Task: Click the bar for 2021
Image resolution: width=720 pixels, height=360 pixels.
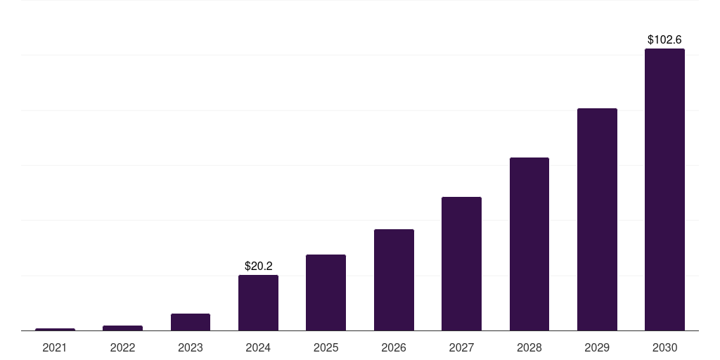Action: click(55, 329)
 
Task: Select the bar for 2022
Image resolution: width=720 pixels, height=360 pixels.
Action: click(122, 328)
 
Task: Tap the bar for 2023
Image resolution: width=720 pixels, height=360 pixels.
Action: click(191, 322)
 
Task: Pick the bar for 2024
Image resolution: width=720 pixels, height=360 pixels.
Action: click(258, 302)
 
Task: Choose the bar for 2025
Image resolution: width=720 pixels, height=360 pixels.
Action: click(326, 292)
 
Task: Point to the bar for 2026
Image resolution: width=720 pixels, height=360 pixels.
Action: click(394, 280)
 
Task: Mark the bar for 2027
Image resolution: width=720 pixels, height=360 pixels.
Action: click(461, 264)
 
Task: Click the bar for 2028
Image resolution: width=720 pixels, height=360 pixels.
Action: click(529, 244)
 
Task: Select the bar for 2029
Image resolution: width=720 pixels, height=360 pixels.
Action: click(597, 219)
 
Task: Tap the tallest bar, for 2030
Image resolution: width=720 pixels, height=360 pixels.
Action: click(664, 190)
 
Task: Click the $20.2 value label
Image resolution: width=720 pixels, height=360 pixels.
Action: click(258, 266)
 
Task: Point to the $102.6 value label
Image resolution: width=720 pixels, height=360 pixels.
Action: click(664, 40)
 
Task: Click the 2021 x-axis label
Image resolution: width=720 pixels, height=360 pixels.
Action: click(55, 347)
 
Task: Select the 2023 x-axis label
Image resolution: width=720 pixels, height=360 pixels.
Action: click(191, 347)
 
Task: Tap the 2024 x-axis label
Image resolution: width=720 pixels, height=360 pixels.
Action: click(258, 347)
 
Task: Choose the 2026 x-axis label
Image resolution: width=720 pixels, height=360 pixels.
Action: click(394, 347)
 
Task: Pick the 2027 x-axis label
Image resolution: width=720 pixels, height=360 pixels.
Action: click(461, 347)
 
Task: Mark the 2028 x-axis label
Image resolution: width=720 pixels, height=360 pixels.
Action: click(529, 347)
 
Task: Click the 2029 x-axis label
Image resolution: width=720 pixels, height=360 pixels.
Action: click(597, 347)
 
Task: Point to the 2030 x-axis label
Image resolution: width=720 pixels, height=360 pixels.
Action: click(664, 347)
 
